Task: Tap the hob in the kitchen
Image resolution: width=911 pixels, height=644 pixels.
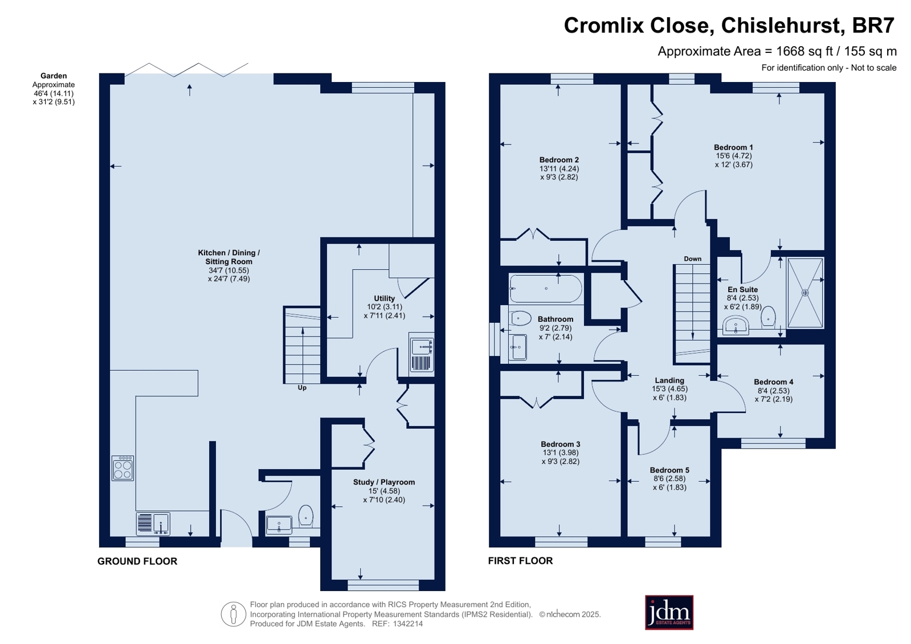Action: (122, 468)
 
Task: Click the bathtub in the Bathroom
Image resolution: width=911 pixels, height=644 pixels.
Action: (546, 289)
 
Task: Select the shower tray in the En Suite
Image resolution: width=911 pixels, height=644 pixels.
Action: (805, 293)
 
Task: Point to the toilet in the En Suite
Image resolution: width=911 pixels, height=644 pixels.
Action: (768, 317)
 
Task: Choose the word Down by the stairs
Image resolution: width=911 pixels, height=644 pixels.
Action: (693, 259)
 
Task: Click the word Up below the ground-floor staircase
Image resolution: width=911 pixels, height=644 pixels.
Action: (302, 388)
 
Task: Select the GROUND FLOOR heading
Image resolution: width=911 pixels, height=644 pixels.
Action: (137, 561)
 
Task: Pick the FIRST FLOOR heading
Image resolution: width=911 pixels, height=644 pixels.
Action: (521, 561)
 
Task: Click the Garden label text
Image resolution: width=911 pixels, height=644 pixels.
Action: (54, 76)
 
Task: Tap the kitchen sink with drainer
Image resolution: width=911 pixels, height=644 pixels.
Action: (153, 524)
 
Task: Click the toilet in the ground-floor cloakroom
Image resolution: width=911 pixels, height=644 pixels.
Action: (306, 515)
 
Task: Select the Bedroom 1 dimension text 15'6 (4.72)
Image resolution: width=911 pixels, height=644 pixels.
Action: (734, 155)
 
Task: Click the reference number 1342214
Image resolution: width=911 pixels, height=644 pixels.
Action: (407, 624)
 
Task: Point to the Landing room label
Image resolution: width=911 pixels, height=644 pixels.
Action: (669, 380)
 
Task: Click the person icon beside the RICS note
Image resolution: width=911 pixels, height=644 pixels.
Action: (234, 614)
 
